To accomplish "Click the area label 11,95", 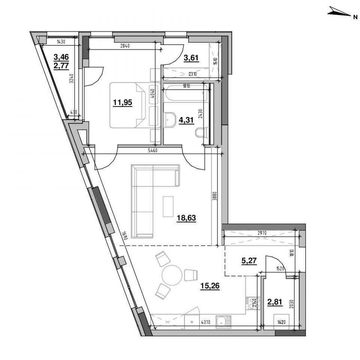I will tap(122, 102).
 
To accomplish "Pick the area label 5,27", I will tap(249, 261).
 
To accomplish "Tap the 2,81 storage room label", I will tap(275, 303).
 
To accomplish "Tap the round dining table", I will tap(171, 275).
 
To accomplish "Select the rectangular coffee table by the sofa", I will tap(168, 206).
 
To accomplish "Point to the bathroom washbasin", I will tap(169, 118).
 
